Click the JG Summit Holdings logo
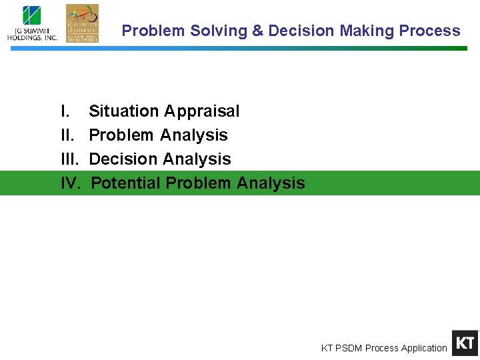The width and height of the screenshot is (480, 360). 32,24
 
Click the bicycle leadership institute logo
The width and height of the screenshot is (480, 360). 82,23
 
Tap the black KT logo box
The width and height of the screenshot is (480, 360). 465,343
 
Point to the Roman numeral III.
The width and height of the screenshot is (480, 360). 69,159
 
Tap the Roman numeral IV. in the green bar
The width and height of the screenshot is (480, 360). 70,183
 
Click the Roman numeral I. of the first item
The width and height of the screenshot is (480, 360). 65,111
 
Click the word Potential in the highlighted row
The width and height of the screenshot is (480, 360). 125,183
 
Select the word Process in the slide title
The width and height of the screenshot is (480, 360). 429,31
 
